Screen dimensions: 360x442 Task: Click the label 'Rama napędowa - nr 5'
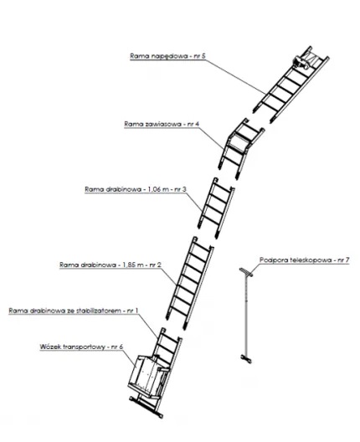click(167, 56)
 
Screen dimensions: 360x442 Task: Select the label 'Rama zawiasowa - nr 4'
click(162, 124)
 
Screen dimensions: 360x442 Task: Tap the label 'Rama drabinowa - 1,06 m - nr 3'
click(136, 189)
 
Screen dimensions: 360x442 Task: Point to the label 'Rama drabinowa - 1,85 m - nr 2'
click(111, 265)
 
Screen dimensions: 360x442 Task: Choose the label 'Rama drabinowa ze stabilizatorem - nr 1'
click(74, 311)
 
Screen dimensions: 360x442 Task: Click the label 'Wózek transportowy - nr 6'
click(81, 347)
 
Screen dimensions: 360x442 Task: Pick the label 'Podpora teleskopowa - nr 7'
click(305, 260)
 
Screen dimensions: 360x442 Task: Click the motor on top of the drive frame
click(301, 63)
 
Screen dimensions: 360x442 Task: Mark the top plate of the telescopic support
click(246, 272)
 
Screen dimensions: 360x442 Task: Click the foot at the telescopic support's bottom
click(246, 359)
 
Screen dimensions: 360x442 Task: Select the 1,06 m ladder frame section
click(216, 208)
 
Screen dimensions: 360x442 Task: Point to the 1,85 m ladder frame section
click(189, 283)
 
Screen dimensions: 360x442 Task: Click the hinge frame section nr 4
click(241, 149)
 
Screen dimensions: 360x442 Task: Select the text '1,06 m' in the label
click(158, 189)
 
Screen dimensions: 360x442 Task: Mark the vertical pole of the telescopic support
click(246, 316)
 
